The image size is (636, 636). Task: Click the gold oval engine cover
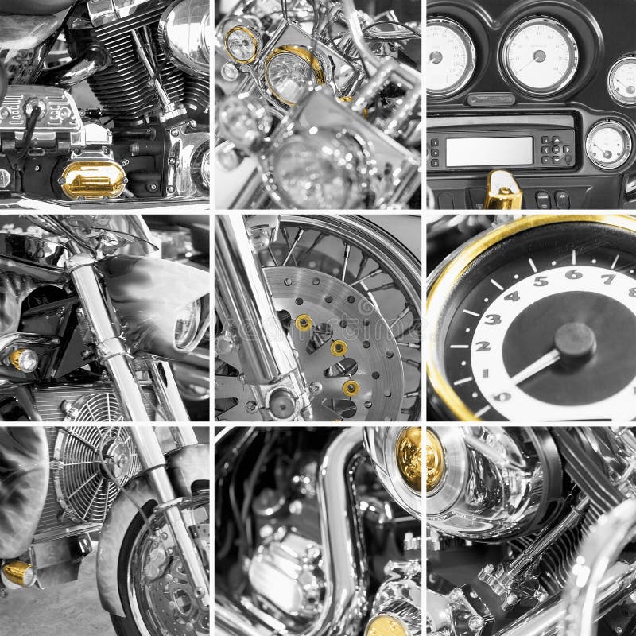(x=94, y=180)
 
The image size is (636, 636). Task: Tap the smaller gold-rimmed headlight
(x=242, y=44)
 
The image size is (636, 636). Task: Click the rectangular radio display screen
(x=488, y=151)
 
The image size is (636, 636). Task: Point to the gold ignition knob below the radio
(x=502, y=190)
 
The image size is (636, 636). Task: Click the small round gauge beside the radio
(x=608, y=143)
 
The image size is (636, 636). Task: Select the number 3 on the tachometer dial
(x=494, y=319)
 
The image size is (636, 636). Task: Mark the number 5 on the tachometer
(x=541, y=281)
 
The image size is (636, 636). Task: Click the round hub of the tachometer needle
(x=575, y=340)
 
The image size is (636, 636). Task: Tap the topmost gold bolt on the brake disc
(x=303, y=322)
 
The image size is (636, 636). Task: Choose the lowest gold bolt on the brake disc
(x=350, y=388)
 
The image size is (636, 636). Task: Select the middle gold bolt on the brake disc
(x=338, y=347)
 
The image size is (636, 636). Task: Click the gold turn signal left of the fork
(x=23, y=359)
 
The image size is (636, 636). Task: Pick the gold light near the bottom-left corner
(x=17, y=573)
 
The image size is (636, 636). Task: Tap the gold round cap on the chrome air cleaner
(x=418, y=459)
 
